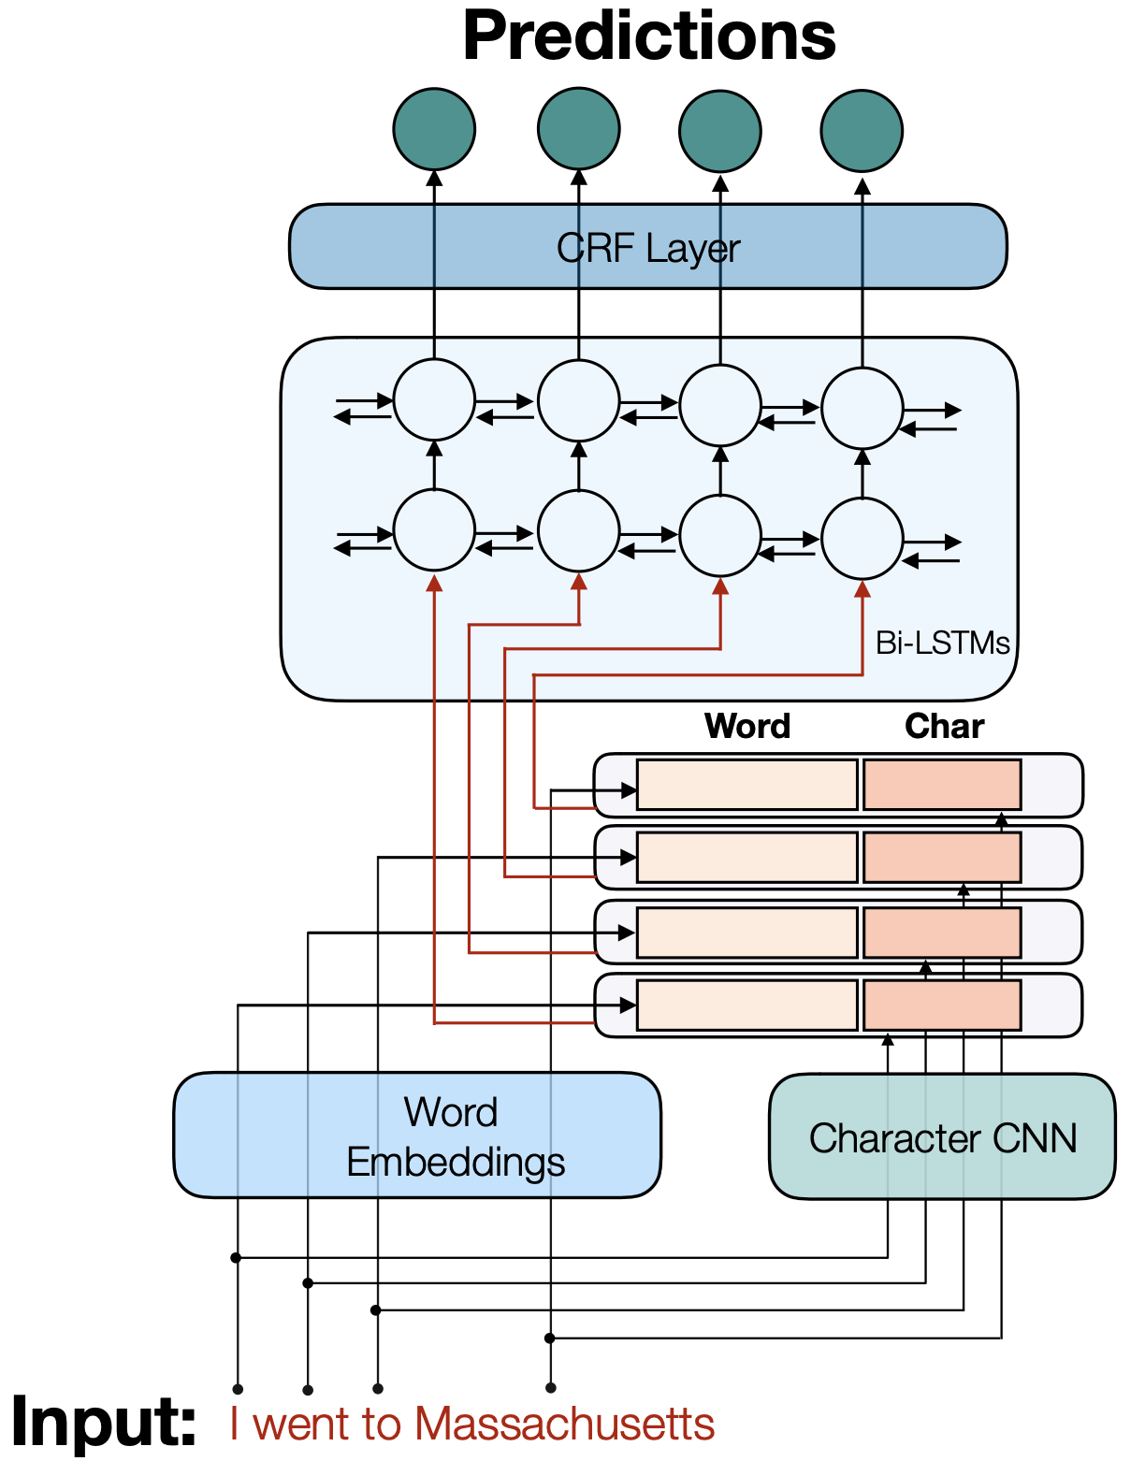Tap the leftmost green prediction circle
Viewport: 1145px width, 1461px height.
point(434,129)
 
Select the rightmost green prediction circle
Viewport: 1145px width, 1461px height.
point(862,131)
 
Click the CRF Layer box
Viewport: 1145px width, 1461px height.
point(647,247)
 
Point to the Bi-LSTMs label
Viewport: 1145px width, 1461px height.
point(942,644)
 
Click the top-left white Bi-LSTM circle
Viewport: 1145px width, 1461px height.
point(434,399)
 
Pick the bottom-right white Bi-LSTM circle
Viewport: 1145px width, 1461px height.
point(862,538)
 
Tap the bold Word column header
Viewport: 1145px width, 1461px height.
point(746,726)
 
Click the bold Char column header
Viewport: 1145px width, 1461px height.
point(944,726)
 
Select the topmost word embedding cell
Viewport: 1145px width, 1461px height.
point(746,784)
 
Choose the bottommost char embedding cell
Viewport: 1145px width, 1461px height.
point(941,1005)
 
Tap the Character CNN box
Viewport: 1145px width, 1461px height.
point(942,1137)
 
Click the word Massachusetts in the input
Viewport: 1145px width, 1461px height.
point(564,1425)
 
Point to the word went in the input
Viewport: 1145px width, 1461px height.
point(302,1425)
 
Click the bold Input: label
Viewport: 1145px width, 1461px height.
point(104,1422)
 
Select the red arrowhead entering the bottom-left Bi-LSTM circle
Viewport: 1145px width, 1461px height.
point(434,583)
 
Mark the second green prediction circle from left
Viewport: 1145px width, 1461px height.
point(578,129)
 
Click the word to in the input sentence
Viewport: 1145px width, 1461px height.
point(381,1425)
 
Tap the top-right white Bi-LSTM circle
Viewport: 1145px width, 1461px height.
point(862,408)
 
